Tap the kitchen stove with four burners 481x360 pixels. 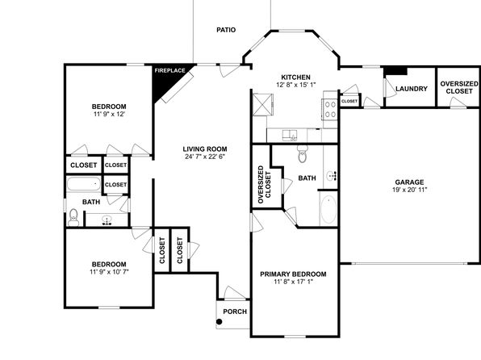click(x=330, y=109)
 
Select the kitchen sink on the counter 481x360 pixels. click(x=290, y=136)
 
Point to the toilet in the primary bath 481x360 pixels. click(x=303, y=154)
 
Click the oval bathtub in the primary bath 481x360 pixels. click(x=328, y=210)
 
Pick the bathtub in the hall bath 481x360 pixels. click(x=84, y=184)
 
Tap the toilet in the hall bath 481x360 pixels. click(x=73, y=218)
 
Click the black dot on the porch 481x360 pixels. click(x=219, y=321)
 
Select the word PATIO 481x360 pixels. click(x=226, y=30)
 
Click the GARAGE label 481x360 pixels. click(x=409, y=182)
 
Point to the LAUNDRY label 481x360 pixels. click(x=412, y=89)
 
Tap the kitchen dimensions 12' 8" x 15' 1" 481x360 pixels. click(x=296, y=85)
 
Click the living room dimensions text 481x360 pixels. click(x=205, y=157)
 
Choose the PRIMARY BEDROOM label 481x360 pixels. click(x=293, y=274)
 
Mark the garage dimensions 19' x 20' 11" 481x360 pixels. click(x=409, y=190)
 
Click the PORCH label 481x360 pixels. click(x=235, y=312)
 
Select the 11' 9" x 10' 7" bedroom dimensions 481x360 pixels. click(x=109, y=271)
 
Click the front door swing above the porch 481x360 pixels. click(x=234, y=292)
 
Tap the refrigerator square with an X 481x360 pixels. click(x=262, y=105)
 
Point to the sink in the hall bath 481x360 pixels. click(x=107, y=220)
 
